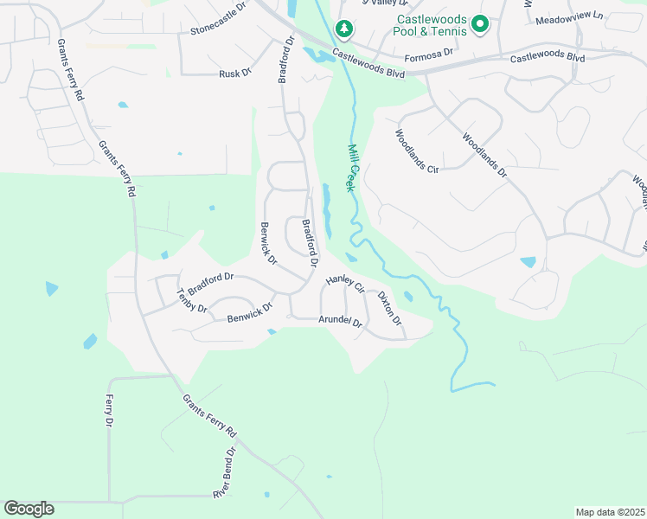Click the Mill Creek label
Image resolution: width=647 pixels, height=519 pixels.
click(x=352, y=167)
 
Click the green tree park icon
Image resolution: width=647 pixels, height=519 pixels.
click(x=345, y=29)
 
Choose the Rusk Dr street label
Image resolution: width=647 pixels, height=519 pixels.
click(x=234, y=74)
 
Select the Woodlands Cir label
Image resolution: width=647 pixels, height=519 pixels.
click(x=417, y=151)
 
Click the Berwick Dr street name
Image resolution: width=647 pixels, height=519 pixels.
click(x=267, y=243)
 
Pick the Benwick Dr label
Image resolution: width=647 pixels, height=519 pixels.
click(x=250, y=312)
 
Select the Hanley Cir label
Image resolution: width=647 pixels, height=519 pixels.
click(x=345, y=283)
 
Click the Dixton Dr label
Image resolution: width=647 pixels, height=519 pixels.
click(x=389, y=308)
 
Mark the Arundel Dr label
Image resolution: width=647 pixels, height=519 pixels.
click(x=340, y=320)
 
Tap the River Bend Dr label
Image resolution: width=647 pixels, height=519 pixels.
click(x=224, y=472)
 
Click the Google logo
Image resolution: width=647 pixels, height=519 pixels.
click(x=29, y=509)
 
